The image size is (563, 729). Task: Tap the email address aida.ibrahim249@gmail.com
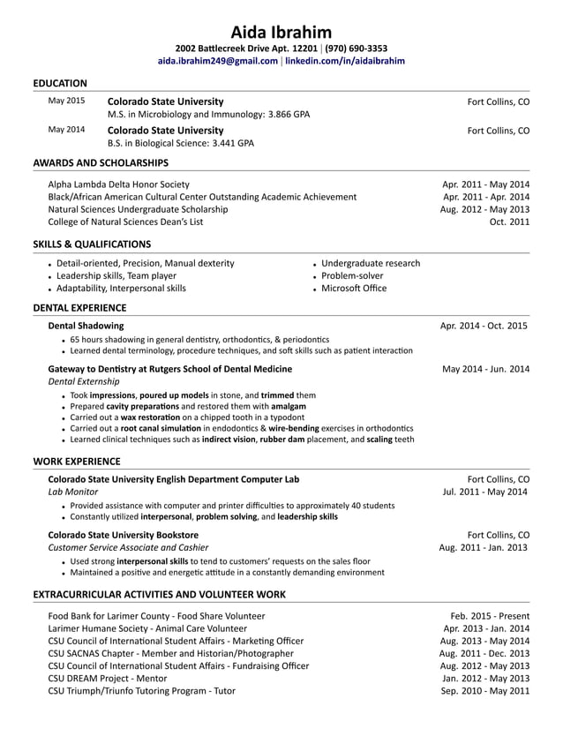pos(217,61)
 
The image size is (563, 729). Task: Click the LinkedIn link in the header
pos(344,61)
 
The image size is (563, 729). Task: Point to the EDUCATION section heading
pos(60,83)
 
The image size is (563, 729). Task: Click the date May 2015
pos(66,101)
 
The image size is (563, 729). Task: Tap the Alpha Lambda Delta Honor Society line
pos(118,184)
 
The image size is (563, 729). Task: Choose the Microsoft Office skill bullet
pos(354,288)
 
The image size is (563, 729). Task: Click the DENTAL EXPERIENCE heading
pos(79,308)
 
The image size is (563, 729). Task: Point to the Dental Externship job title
pos(84,381)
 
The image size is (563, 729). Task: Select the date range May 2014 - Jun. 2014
pos(485,369)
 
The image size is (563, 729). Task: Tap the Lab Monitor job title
pos(73,492)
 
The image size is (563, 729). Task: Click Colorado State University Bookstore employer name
pos(123,535)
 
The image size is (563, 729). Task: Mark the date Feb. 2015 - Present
pos(490,616)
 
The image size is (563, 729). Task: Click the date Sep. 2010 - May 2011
pos(484,691)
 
